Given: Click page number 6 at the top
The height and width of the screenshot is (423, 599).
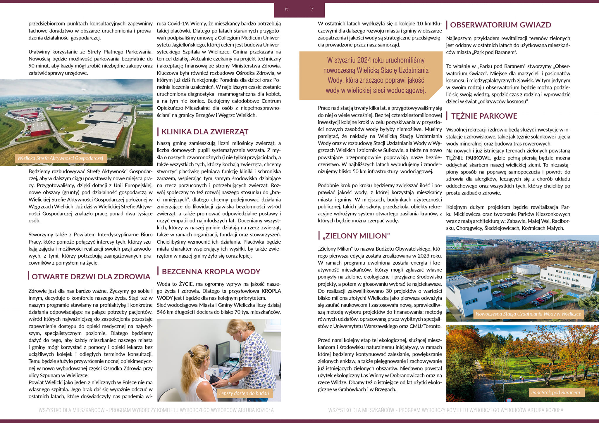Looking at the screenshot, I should (287, 9).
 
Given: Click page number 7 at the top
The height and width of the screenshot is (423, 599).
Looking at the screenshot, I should (312, 9).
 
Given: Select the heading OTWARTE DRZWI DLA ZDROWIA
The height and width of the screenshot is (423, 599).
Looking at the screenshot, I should (91, 277).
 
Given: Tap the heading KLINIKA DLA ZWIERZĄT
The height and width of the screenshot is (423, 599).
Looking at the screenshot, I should (205, 132).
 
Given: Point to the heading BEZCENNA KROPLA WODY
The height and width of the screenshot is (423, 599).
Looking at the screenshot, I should (211, 271).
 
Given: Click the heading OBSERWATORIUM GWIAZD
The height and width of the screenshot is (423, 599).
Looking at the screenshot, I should (500, 25).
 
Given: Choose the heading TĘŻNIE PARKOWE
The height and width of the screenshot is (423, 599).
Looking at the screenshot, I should (484, 116).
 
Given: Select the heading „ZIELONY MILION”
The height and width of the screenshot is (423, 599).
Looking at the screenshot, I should (356, 236).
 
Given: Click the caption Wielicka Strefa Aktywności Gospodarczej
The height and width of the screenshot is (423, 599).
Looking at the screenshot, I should (60, 158).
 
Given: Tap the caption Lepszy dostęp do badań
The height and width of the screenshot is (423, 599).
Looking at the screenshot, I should (244, 393).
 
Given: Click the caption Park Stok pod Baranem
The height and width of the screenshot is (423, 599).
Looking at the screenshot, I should (555, 393).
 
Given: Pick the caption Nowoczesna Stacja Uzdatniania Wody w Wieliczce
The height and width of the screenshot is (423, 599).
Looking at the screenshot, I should (528, 314).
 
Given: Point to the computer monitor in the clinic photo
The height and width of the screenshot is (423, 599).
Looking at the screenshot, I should (223, 353).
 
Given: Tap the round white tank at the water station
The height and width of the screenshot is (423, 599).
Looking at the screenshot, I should (528, 269).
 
